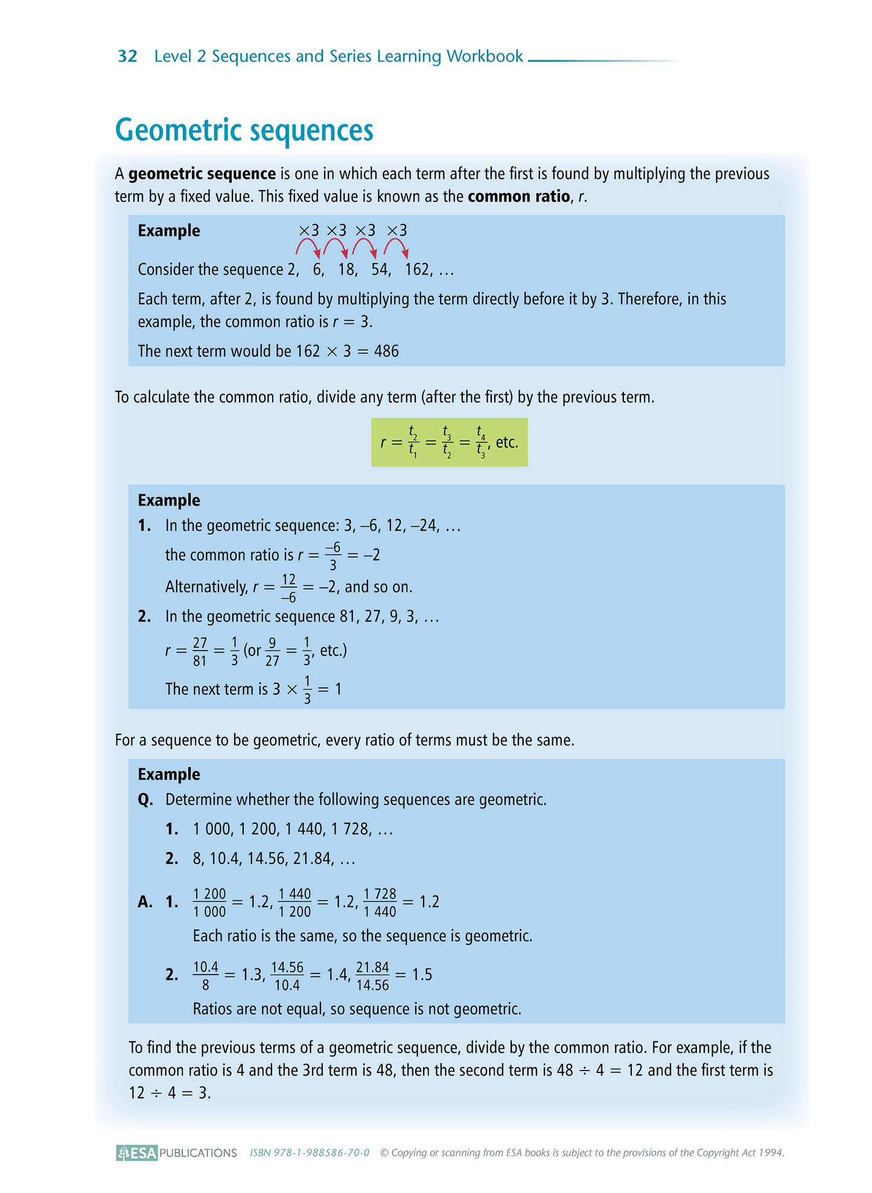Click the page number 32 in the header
(127, 56)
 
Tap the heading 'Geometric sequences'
(244, 130)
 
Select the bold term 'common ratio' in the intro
(518, 197)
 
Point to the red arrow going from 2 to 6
(308, 247)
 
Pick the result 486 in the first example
(386, 351)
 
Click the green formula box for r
(449, 442)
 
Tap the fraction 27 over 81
(200, 652)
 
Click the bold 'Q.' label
(145, 800)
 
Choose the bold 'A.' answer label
(145, 902)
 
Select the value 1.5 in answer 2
(422, 975)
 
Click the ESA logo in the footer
(137, 1153)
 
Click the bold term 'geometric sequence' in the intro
(202, 174)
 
